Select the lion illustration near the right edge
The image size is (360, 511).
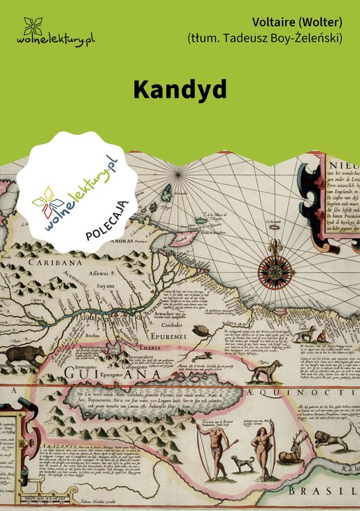click(x=327, y=439)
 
